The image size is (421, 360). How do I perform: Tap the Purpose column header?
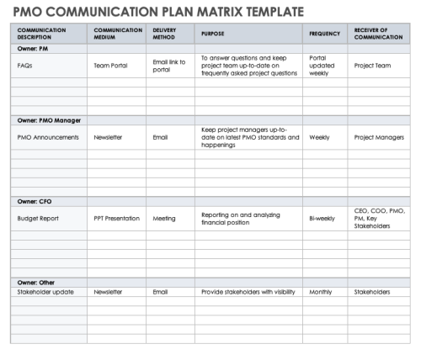click(x=210, y=34)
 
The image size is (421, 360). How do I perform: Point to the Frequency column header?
click(x=325, y=34)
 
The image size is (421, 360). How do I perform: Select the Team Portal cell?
click(x=110, y=65)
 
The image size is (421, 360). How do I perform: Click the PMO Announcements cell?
click(x=48, y=136)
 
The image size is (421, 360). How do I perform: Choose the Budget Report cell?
click(x=35, y=218)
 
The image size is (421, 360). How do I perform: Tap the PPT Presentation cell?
click(x=116, y=218)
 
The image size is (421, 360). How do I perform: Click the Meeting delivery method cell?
click(x=164, y=218)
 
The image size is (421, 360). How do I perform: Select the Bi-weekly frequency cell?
click(x=322, y=218)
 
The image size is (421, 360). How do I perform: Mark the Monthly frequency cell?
click(x=321, y=292)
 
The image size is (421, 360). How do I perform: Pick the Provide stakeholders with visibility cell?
click(x=248, y=292)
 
